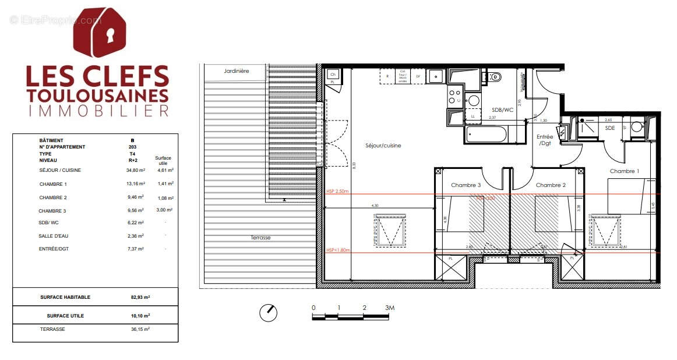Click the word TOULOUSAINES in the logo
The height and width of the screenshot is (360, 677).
98,96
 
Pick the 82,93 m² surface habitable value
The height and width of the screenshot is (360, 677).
140,297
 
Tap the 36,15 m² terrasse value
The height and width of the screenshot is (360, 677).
140,329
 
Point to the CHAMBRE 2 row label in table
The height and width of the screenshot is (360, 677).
53,197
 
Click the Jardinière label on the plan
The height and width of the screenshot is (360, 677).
236,71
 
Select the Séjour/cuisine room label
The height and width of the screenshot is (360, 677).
383,146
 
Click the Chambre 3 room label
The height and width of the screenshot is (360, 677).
466,185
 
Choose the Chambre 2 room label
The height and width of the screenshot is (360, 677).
551,185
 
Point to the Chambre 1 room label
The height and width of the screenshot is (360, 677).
624,171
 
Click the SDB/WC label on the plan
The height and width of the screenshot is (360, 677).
502,110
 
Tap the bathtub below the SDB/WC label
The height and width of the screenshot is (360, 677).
486,135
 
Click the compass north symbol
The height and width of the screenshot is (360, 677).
268,313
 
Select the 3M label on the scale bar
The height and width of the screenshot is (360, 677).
389,308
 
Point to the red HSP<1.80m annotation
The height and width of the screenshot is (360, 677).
338,250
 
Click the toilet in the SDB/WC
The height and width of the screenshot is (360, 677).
495,77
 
